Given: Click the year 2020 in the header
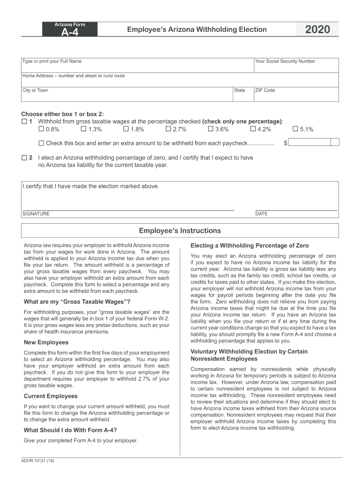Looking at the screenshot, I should point(317,30).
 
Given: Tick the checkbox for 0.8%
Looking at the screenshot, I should point(41,129).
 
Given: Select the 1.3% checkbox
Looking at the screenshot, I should point(83,129).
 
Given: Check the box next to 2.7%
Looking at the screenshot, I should point(168,129).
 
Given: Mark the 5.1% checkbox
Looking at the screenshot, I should point(295,129).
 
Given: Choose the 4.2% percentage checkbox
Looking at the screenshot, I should point(253,129).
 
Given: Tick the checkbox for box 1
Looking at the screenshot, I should point(24,122).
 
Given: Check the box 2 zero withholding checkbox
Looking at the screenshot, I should point(24,158).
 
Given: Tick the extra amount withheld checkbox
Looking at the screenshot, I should point(41,143).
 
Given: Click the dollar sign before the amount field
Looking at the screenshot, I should point(285,143).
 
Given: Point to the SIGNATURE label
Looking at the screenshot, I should point(36,214).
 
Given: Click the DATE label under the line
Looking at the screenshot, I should point(261,214).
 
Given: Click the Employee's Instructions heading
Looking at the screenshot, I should point(180,231).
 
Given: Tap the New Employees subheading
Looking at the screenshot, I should point(46,342).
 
